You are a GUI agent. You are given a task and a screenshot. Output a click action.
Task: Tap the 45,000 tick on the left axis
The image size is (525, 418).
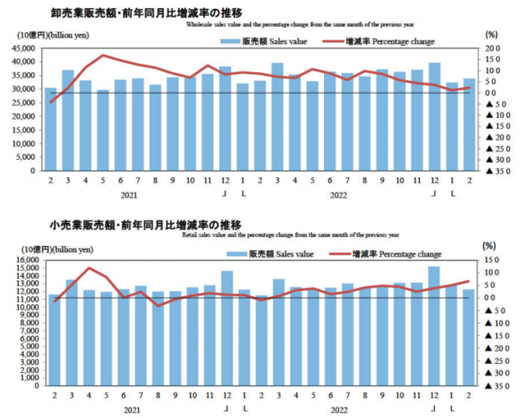coord(22,49)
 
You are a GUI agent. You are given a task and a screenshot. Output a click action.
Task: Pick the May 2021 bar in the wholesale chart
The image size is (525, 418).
coord(103,129)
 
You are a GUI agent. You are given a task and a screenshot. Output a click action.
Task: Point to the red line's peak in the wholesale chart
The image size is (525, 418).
coord(103,56)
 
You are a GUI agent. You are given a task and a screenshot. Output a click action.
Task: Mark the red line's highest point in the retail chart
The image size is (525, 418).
coord(89,268)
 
